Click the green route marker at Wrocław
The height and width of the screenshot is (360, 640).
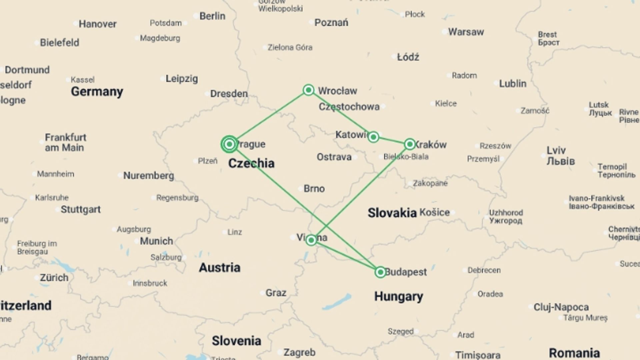[x=309, y=90]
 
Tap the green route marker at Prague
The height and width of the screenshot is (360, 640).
[x=229, y=144]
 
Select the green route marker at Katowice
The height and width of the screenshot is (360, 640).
[x=373, y=137]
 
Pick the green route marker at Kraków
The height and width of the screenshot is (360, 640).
[x=410, y=144]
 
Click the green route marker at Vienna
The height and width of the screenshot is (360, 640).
[x=311, y=240]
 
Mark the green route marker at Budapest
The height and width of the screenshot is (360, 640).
[x=380, y=272]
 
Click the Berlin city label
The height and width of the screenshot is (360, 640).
[x=212, y=16]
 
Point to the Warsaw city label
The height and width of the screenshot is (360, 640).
[x=466, y=32]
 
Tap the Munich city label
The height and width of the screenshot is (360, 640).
[x=156, y=241]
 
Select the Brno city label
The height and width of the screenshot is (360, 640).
[x=314, y=189]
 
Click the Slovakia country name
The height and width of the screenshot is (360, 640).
[x=392, y=213]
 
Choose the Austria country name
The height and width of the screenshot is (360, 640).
[x=220, y=267]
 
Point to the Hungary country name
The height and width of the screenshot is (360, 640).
[x=399, y=296]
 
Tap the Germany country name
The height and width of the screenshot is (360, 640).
[x=97, y=91]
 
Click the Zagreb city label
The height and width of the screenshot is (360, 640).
[x=299, y=352]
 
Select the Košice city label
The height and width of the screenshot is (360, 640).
[x=435, y=212]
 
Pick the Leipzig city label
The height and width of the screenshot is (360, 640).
[x=182, y=79]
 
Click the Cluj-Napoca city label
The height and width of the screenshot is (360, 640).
[x=561, y=307]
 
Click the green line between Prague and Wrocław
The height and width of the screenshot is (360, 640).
[x=269, y=117]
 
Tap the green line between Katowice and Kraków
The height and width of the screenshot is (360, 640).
[x=392, y=140]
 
